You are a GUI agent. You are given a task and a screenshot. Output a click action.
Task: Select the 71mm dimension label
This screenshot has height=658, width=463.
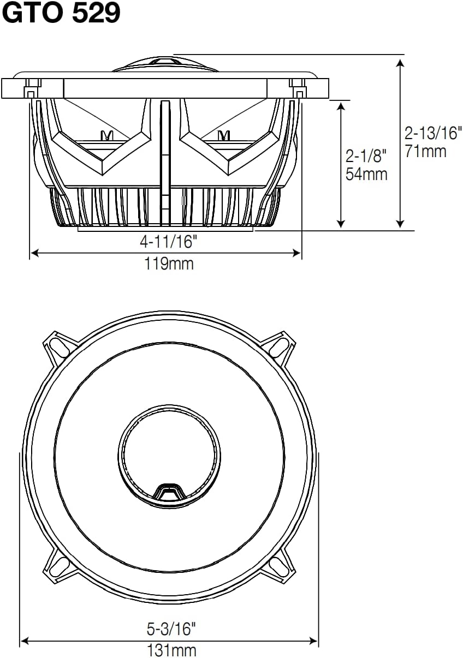[425, 151]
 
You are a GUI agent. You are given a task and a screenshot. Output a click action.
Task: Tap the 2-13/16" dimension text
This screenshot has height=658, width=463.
[433, 132]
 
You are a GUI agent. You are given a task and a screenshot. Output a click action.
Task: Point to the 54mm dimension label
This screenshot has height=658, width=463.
[366, 174]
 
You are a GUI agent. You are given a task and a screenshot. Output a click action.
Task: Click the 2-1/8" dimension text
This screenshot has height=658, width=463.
[366, 156]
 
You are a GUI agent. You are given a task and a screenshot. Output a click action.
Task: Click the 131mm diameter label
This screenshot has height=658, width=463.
[171, 650]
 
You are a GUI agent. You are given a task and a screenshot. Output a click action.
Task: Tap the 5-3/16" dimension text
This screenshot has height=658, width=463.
[171, 630]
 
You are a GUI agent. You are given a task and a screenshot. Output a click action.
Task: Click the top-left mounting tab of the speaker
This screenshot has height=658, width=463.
[56, 346]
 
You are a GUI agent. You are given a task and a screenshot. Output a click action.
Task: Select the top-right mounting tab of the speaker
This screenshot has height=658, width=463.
[281, 346]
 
